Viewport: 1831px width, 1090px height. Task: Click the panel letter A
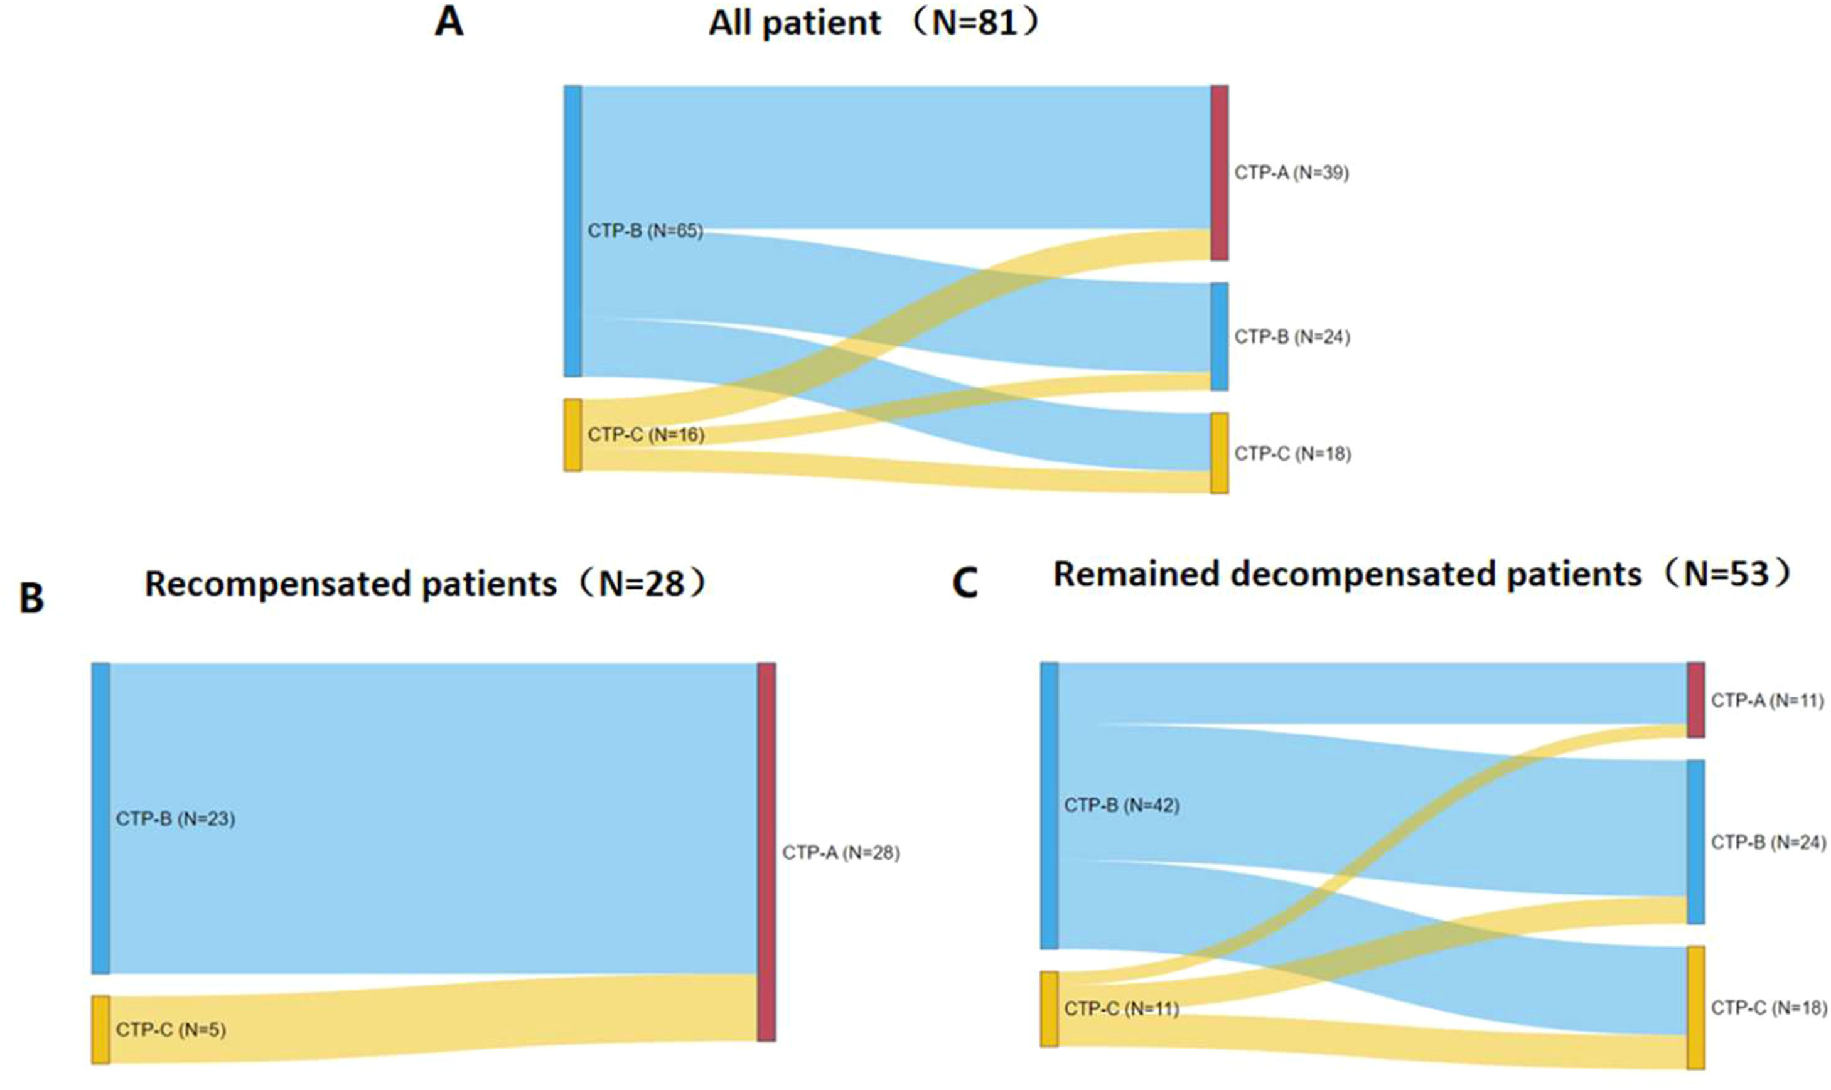coord(449,21)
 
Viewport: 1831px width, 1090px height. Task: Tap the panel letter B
coord(31,598)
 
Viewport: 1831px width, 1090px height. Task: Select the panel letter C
coord(965,584)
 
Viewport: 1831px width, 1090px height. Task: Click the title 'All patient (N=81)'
coord(875,23)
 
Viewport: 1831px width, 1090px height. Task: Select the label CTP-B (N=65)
coord(645,232)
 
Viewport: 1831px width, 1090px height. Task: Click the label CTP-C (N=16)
coord(646,435)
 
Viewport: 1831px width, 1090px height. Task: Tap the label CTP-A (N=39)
coord(1292,173)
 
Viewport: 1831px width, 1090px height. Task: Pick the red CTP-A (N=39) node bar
coord(1219,173)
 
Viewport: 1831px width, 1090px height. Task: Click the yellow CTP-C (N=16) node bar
coord(573,435)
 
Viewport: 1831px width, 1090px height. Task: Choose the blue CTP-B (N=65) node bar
coord(573,232)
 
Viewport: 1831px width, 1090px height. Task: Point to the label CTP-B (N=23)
coord(176,819)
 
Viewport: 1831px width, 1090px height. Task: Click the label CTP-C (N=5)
coord(171,1030)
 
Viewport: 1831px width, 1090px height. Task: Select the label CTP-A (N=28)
coord(840,853)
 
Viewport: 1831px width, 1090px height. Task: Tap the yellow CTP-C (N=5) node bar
coord(100,1030)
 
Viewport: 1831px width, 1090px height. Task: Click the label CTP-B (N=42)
coord(1122,806)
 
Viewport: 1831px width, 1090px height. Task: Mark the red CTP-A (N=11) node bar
coord(1696,700)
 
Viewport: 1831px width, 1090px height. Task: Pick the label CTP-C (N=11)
coord(1121,1009)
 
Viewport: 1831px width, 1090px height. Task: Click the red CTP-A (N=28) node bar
coord(766,852)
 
